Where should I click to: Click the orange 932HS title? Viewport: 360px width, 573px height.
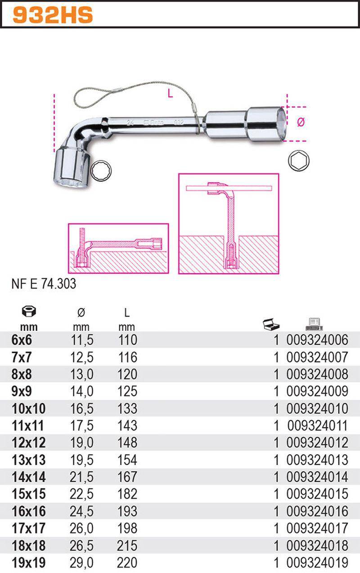tap(53, 15)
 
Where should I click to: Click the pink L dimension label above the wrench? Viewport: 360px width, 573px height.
tap(170, 94)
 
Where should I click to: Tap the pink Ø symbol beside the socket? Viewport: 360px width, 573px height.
tap(301, 122)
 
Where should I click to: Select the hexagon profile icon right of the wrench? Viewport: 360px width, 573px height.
tap(298, 161)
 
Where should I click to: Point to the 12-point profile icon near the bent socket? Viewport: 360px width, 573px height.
tap(101, 171)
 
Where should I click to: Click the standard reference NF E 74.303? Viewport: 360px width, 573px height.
tap(44, 284)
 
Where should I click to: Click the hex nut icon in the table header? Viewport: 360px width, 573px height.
tap(29, 311)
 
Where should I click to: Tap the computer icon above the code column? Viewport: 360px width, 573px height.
tap(314, 325)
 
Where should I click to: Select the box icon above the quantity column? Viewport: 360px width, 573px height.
tap(271, 325)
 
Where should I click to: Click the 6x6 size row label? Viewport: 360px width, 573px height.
tap(22, 340)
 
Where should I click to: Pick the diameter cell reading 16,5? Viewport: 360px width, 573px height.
tap(81, 409)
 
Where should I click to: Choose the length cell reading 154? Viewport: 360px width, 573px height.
tap(127, 460)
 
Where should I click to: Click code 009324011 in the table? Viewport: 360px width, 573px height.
tap(317, 426)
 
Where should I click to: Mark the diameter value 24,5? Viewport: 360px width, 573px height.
tap(81, 511)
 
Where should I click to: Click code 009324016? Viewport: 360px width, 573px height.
tap(317, 511)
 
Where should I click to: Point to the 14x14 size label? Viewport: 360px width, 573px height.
tap(29, 477)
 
